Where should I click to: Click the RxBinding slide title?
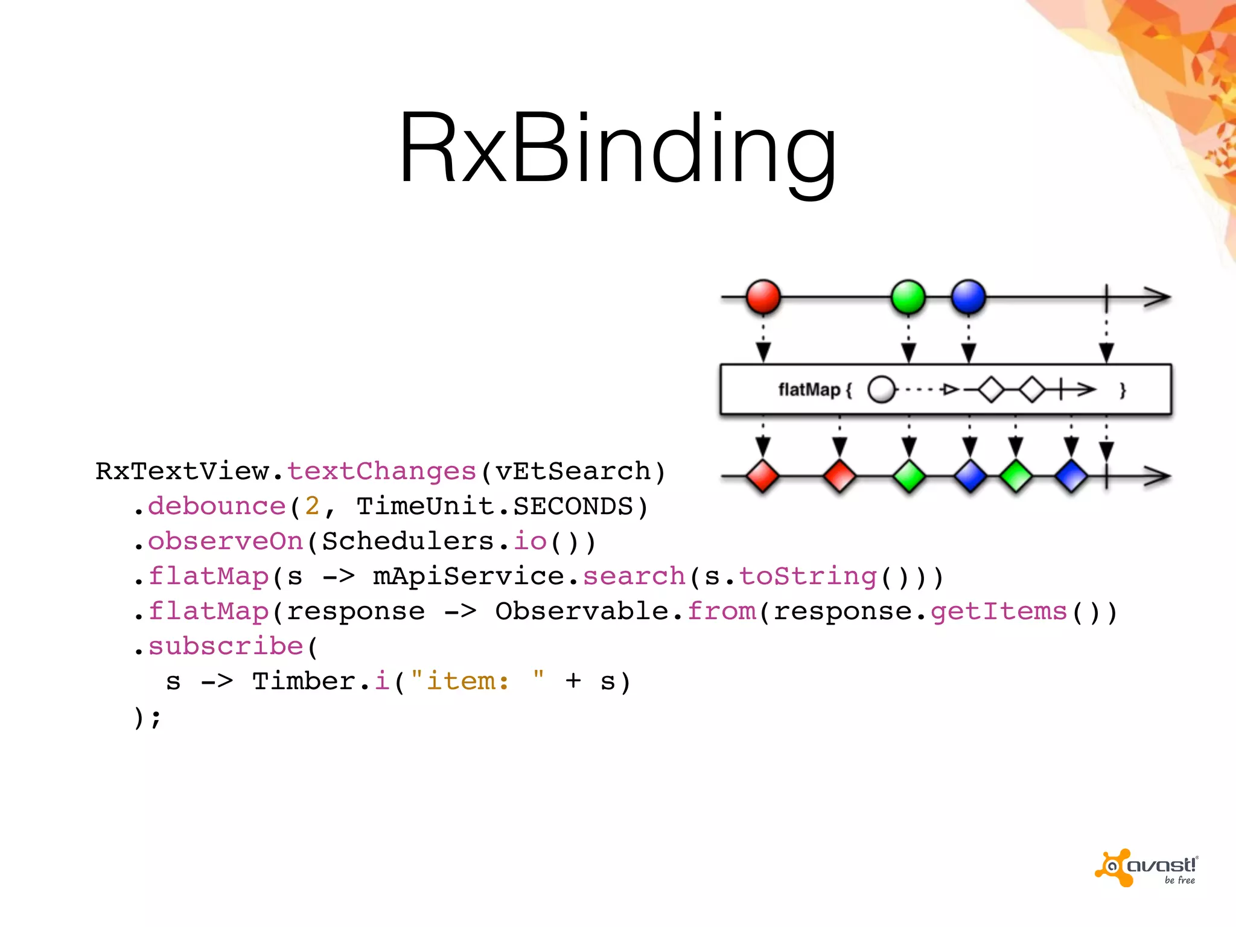point(617,148)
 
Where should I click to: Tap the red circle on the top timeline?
point(763,297)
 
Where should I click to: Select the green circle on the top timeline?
point(908,297)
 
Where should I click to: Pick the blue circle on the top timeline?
point(968,297)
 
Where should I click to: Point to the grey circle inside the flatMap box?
point(881,390)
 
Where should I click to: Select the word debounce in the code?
point(217,506)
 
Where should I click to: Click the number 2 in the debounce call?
point(312,506)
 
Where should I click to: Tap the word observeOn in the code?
point(225,541)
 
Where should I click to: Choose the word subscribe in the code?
point(225,646)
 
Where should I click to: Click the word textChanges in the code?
point(381,471)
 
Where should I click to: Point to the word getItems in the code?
point(998,611)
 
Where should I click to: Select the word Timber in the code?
point(304,681)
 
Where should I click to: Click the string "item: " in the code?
point(477,681)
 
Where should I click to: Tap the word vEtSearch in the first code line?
point(572,471)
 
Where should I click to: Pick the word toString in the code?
point(808,576)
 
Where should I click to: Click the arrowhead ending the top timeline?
point(1158,297)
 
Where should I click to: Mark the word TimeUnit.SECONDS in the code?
point(494,506)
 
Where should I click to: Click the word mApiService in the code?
point(468,576)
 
